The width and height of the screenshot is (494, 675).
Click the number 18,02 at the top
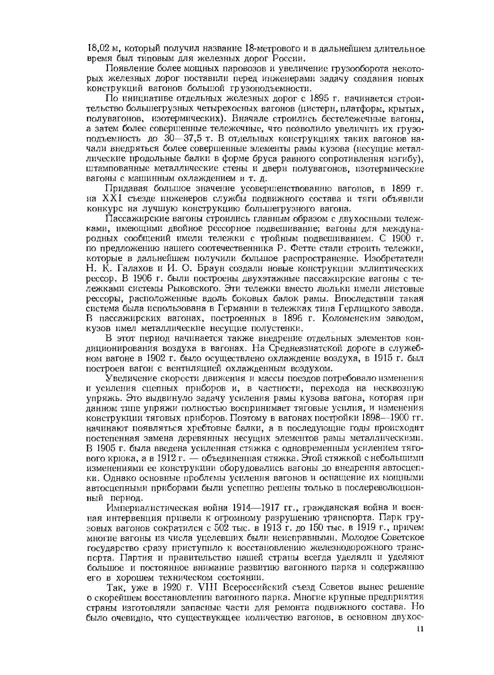[98, 48]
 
